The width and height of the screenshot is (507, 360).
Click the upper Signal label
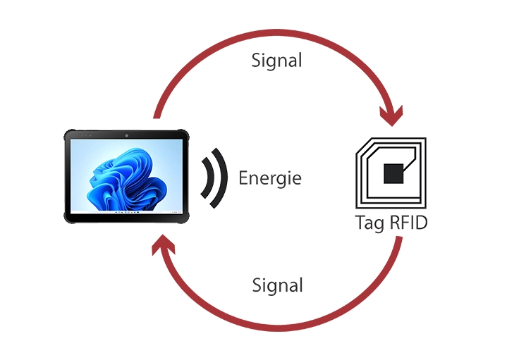tap(276, 61)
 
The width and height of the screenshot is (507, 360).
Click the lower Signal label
tap(277, 285)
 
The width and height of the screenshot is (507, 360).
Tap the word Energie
tap(270, 178)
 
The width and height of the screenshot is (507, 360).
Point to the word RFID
tap(408, 223)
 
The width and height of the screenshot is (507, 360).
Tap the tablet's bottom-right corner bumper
tap(185, 220)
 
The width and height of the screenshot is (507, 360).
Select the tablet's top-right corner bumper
tap(185, 134)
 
